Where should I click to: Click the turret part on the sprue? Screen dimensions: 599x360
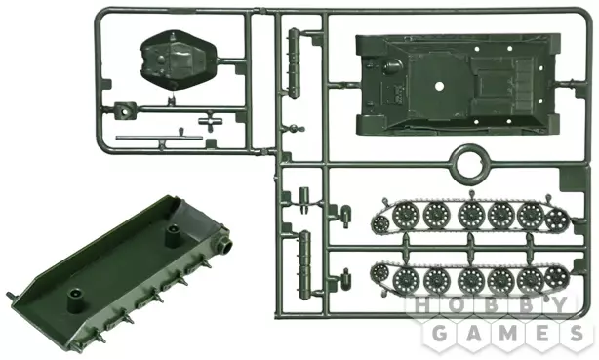[x=179, y=60]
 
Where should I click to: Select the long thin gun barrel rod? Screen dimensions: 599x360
[x=159, y=138]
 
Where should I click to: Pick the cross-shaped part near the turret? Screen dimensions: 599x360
[x=210, y=122]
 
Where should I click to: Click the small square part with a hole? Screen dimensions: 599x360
[x=125, y=111]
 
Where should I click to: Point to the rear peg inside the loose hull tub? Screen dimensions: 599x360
[x=174, y=236]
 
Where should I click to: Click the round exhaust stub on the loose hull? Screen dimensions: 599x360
[x=225, y=245]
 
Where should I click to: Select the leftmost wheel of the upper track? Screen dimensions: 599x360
[x=381, y=222]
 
